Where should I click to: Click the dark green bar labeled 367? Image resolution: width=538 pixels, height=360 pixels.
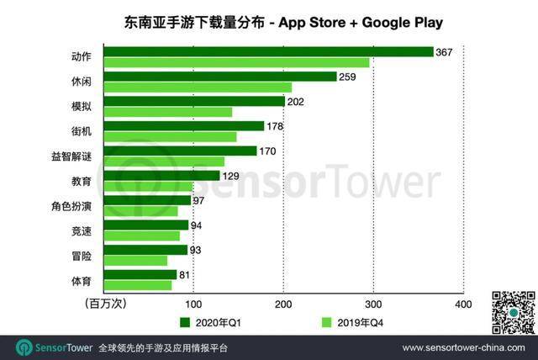pyautogui.click(x=269, y=52)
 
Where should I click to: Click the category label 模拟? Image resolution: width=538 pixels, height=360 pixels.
pyautogui.click(x=82, y=107)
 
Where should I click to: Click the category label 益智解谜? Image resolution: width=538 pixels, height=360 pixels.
pyautogui.click(x=72, y=156)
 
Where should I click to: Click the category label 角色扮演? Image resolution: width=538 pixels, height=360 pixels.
pyautogui.click(x=72, y=205)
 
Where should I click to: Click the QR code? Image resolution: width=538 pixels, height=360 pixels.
pyautogui.click(x=513, y=312)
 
